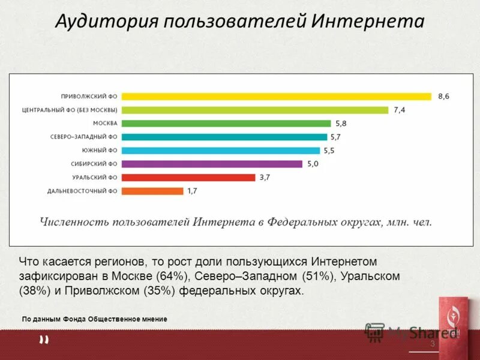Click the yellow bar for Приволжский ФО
pos(276,96)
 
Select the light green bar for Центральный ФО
pos(255,110)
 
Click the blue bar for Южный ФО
pos(221,150)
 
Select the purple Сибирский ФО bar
pos(212,164)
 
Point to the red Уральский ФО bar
pos(188,177)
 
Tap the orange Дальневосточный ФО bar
pos(152,191)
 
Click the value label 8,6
pos(443,96)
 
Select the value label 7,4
pos(400,110)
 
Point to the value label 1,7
pos(192,191)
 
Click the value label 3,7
pos(265,177)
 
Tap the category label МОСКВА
pos(105,123)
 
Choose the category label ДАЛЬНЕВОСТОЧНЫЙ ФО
pos(82,191)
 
